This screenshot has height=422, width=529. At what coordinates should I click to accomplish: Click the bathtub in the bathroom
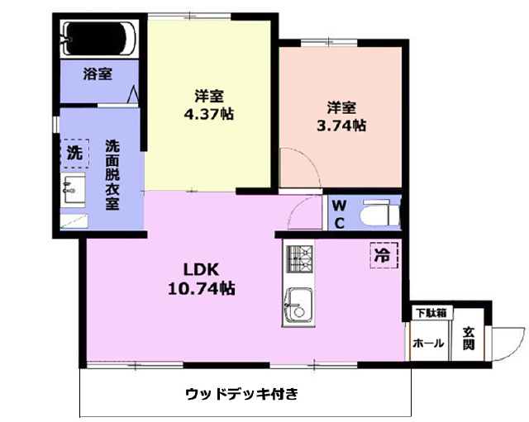99,39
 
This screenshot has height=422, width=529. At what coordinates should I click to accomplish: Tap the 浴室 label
98,73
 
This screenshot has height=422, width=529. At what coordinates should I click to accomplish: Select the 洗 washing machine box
74,154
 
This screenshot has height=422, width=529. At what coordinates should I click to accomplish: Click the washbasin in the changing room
73,189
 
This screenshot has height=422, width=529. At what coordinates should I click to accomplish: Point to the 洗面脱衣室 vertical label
112,174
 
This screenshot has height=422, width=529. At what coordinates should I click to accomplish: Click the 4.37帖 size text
209,114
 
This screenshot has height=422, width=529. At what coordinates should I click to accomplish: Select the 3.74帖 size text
341,126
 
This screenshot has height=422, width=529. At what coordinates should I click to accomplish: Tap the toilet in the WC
380,213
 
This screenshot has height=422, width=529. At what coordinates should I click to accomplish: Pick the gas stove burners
299,258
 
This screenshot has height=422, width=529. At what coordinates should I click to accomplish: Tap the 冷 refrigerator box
384,255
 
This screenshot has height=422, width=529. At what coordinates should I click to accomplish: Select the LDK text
202,269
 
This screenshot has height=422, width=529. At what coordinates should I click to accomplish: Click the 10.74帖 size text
202,288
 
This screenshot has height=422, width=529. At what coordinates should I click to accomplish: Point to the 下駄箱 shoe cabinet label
431,313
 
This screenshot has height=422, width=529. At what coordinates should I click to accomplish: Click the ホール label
428,344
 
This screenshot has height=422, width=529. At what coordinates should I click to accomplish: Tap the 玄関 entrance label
469,339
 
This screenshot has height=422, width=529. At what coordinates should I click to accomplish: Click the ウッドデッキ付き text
242,394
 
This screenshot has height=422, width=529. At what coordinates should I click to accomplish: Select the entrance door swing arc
516,345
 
